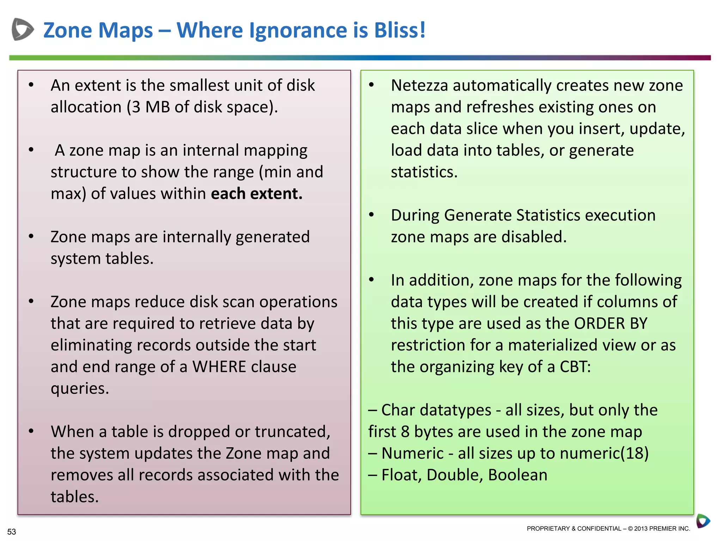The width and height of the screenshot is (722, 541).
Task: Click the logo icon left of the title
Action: [x=22, y=29]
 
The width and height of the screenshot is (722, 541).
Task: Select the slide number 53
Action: [x=12, y=531]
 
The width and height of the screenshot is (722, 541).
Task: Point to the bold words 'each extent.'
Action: [x=257, y=194]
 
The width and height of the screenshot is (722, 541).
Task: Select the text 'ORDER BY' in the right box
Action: [x=611, y=323]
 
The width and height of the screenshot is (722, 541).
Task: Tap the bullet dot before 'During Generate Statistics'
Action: [x=371, y=214]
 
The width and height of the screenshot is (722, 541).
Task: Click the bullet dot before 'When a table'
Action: [x=31, y=431]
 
